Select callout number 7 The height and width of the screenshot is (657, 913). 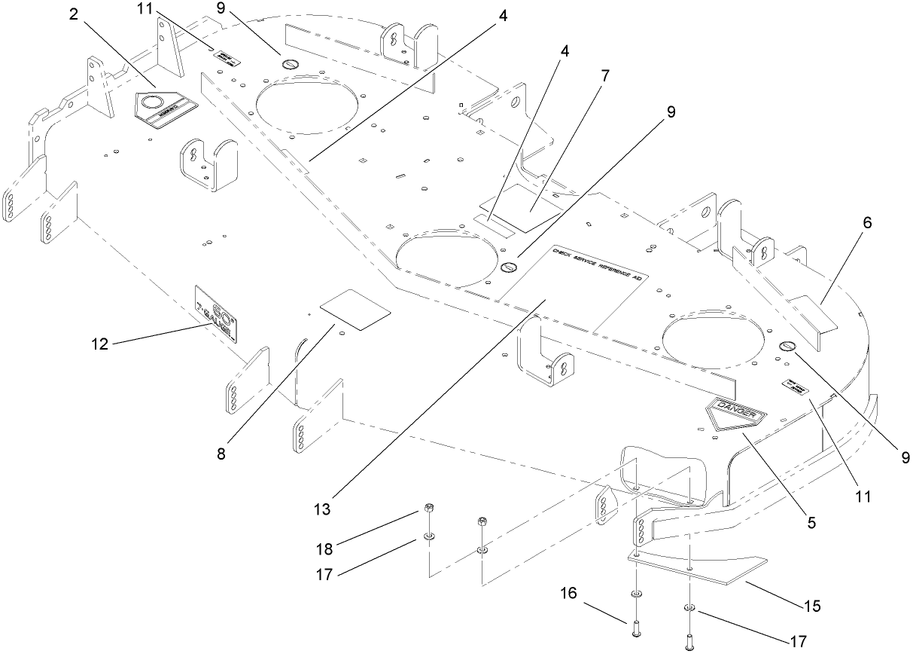(604, 75)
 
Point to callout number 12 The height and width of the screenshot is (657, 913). (99, 344)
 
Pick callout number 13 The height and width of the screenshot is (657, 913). (322, 509)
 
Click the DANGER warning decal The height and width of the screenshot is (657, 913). (735, 412)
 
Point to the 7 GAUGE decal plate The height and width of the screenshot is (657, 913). (216, 314)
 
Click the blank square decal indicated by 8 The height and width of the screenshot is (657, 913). (355, 309)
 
